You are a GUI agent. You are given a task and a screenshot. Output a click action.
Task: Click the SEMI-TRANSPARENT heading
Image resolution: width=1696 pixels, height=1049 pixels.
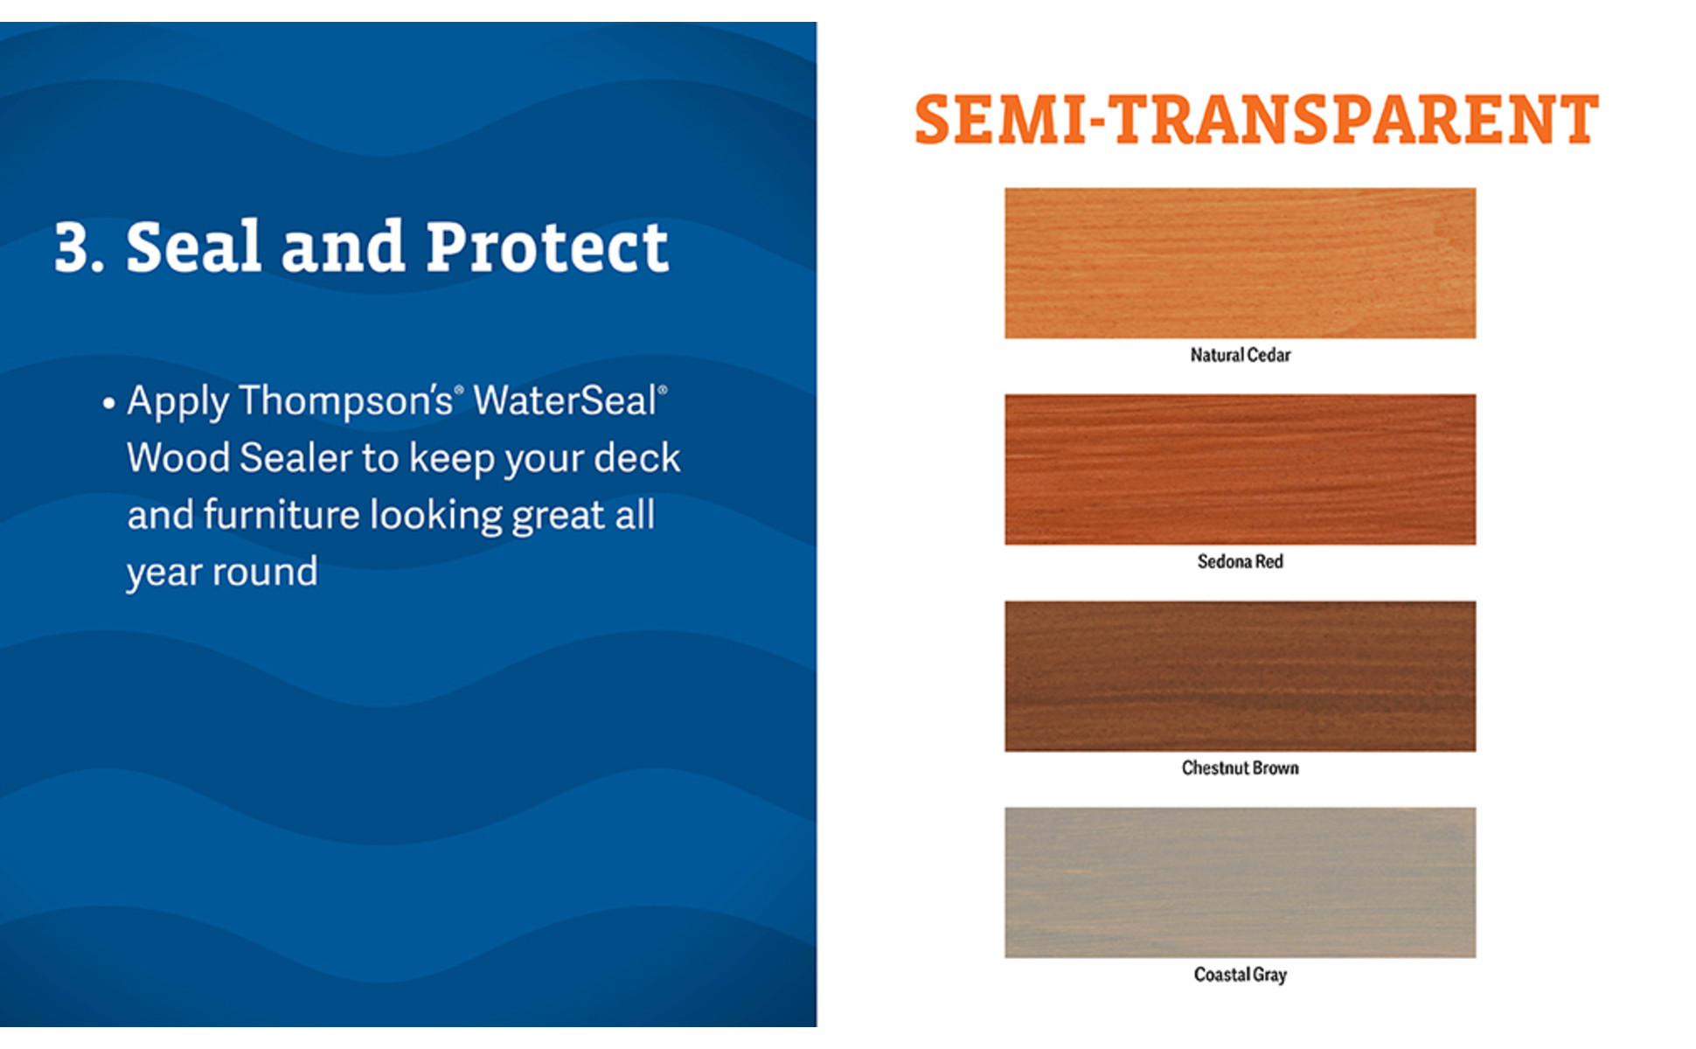(1256, 120)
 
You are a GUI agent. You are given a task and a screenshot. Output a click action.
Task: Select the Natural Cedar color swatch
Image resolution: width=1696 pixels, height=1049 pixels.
(1240, 263)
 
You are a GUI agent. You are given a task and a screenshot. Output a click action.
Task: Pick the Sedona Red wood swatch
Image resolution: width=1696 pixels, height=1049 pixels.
(1240, 469)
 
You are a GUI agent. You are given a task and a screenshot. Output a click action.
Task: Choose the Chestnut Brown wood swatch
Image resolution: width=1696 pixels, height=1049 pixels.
(1240, 676)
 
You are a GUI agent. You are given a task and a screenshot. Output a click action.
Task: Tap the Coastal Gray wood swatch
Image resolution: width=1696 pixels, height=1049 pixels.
(1240, 882)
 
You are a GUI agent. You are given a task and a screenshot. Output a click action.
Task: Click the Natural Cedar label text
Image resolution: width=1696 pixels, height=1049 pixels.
(1240, 355)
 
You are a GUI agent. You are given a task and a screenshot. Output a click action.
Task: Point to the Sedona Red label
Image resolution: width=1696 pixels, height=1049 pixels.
(1240, 561)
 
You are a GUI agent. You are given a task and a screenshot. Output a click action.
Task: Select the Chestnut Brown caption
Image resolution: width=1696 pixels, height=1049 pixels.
(1240, 768)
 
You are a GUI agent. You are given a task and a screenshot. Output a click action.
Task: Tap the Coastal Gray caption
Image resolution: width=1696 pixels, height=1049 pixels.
(1240, 975)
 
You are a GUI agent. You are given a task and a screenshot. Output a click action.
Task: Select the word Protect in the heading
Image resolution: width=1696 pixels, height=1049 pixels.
(547, 247)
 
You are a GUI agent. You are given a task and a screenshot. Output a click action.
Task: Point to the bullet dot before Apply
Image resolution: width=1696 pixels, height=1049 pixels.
(108, 403)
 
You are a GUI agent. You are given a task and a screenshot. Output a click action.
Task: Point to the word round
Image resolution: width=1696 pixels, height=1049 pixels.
(265, 573)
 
